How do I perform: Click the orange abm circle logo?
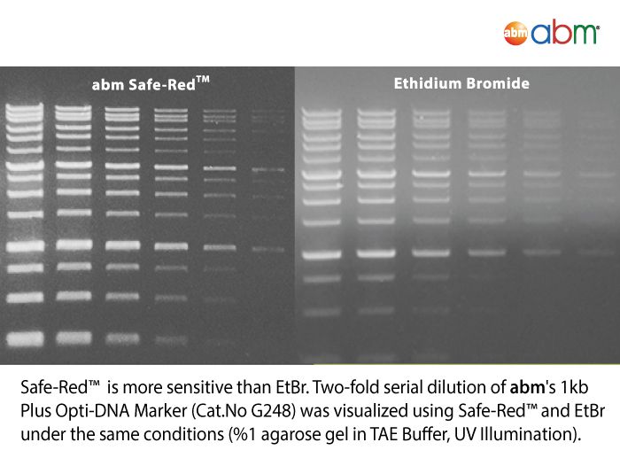(515, 34)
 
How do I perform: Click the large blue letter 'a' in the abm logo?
(541, 34)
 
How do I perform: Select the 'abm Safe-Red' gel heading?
(151, 84)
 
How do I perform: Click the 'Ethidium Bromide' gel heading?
(461, 83)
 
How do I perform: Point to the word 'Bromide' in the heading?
(498, 83)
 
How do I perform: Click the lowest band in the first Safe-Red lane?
(25, 339)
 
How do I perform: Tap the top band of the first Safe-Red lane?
(25, 107)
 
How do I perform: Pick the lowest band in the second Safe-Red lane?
(74, 338)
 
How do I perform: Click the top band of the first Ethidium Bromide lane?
(322, 111)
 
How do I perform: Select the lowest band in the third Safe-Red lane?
(122, 338)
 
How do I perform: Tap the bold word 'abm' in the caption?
(527, 387)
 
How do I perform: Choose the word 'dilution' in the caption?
(452, 387)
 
